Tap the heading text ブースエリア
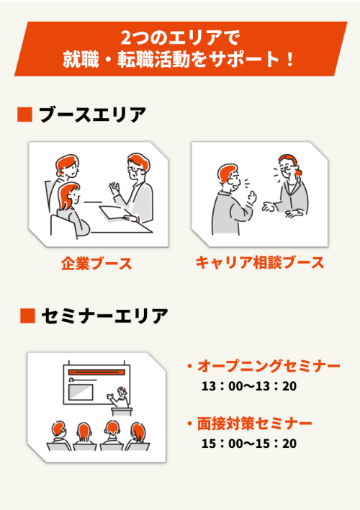tap(92, 115)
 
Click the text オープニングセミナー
tap(266, 367)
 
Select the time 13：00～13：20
tap(249, 387)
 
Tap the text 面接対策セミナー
tap(253, 423)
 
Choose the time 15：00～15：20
tap(249, 443)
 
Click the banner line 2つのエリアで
tap(180, 36)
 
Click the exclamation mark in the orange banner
tap(289, 59)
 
